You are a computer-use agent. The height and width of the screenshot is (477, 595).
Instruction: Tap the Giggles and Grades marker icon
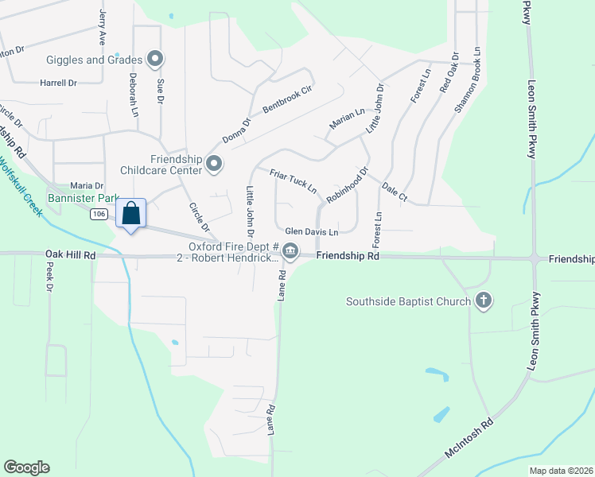pos(156,59)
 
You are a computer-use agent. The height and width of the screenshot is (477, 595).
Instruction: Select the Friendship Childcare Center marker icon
pos(214,164)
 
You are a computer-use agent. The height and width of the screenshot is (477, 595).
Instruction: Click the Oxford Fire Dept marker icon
pos(291,252)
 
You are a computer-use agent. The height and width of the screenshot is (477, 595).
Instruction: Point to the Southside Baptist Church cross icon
pos(481,301)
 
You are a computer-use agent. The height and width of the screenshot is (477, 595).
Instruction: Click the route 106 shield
pos(99,214)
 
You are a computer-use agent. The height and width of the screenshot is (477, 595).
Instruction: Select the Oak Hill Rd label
pos(72,255)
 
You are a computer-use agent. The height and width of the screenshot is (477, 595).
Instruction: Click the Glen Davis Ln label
pos(312,231)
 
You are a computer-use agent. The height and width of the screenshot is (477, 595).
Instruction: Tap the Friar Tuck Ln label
pos(293,182)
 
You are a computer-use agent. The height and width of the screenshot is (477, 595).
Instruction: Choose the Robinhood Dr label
pos(348,184)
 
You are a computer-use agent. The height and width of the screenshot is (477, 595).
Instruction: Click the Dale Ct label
pos(395,192)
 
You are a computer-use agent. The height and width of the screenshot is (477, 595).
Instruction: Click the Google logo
pos(26,467)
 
